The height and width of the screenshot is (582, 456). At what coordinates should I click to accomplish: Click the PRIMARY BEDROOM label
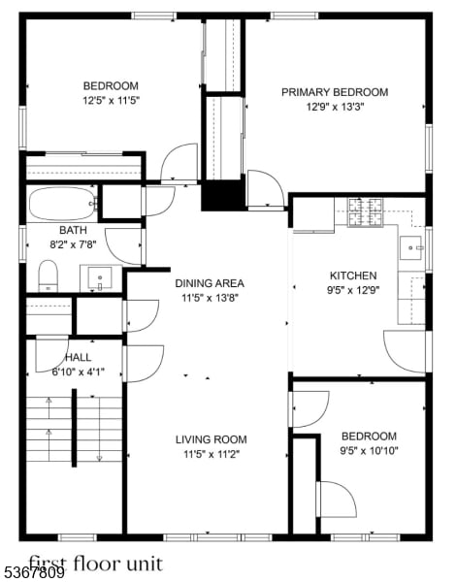tap(334, 92)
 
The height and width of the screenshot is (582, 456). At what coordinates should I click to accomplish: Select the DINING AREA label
tap(210, 283)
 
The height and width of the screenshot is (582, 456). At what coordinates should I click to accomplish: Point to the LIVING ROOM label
tap(211, 438)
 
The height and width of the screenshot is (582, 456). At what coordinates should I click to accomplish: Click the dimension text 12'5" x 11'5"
tap(110, 99)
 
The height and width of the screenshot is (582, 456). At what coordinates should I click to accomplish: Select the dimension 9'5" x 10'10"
tap(369, 450)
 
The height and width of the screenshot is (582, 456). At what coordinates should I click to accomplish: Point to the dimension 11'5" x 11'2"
tap(211, 452)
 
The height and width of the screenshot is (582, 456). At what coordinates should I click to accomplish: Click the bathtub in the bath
tap(62, 204)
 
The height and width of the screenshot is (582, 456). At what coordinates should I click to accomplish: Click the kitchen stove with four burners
tap(367, 210)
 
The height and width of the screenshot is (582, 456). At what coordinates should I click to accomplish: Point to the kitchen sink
tap(413, 248)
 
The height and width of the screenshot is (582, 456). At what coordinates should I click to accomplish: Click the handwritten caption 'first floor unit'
tap(95, 563)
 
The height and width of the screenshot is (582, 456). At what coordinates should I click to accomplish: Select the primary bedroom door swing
tap(263, 189)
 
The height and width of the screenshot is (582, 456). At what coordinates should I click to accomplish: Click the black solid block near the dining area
tap(222, 196)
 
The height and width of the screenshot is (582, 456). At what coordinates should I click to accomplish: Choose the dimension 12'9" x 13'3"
tap(334, 107)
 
